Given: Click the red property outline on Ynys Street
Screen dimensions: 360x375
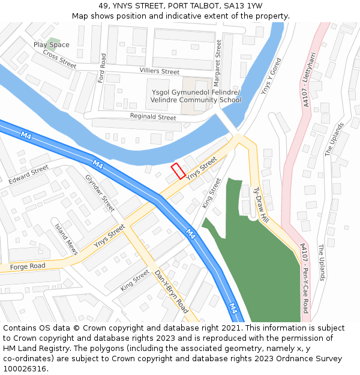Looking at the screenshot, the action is pyautogui.click(x=178, y=171).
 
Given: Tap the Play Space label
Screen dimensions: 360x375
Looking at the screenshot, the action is pyautogui.click(x=52, y=45).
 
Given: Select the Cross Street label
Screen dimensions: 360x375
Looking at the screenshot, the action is pyautogui.click(x=59, y=58).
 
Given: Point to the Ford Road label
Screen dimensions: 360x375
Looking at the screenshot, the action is pyautogui.click(x=103, y=68).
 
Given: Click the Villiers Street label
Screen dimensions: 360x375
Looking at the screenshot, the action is pyautogui.click(x=160, y=71).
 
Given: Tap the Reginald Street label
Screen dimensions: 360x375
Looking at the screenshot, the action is pyautogui.click(x=153, y=118).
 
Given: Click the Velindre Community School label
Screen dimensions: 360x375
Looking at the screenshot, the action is pyautogui.click(x=196, y=100).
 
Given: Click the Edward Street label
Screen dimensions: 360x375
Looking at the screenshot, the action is pyautogui.click(x=28, y=175).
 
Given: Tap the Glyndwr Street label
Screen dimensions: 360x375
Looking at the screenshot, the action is pyautogui.click(x=100, y=193).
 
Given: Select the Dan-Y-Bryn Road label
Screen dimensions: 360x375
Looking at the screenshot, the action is pyautogui.click(x=172, y=292).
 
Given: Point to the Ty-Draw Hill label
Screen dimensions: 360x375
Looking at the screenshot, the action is pyautogui.click(x=260, y=205).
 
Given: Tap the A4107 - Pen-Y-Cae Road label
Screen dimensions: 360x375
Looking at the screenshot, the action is pyautogui.click(x=304, y=278).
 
